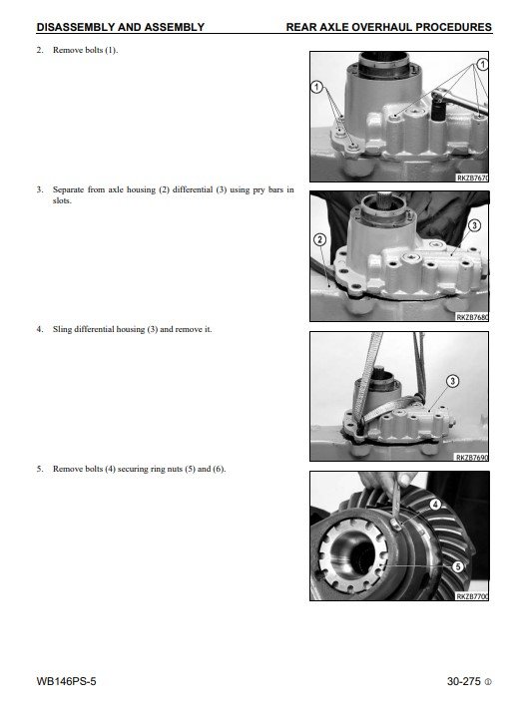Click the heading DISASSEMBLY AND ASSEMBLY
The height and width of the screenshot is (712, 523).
pos(121,27)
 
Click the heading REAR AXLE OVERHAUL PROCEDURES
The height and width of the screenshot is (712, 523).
pos(389,27)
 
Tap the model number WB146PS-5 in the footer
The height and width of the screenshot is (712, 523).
pos(66,681)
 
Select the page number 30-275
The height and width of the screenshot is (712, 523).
pos(463,681)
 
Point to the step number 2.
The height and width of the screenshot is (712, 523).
pos(40,50)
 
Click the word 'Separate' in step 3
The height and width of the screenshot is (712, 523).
pos(68,189)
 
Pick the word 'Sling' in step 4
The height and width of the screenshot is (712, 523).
pos(62,329)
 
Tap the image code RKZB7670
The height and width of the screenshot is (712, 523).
pos(472,178)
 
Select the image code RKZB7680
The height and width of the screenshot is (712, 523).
pos(472,317)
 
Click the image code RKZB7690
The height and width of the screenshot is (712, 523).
pos(472,457)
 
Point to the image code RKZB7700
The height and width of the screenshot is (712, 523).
pos(472,596)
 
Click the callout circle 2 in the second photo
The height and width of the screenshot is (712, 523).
pos(320,239)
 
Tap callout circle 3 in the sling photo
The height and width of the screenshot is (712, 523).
pos(452,381)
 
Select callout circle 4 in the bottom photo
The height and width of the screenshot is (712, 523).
pos(435,504)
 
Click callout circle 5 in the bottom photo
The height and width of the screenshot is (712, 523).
pos(457,566)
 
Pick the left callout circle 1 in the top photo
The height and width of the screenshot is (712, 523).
pos(316,87)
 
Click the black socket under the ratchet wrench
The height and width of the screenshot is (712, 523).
pos(438,111)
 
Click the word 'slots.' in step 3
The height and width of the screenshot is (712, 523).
pos(62,200)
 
